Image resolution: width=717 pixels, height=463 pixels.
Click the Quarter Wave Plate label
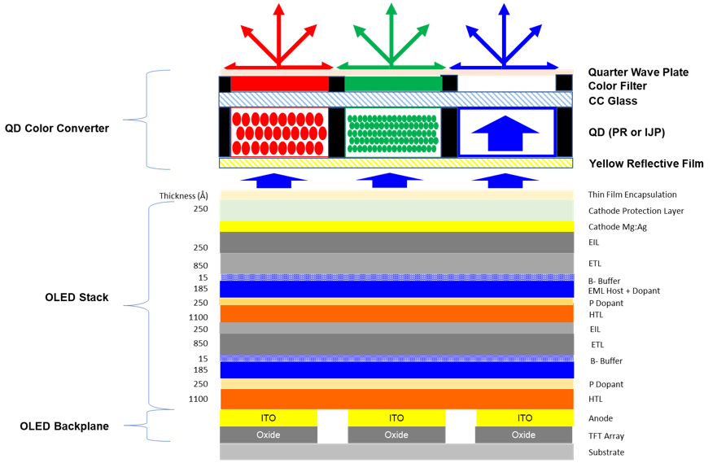pyautogui.click(x=638, y=72)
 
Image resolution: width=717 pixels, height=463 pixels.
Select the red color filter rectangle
pyautogui.click(x=280, y=84)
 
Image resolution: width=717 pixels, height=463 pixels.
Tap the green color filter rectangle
pyautogui.click(x=393, y=84)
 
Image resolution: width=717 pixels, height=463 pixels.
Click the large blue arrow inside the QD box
pyautogui.click(x=505, y=133)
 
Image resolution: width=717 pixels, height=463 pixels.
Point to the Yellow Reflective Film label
pyautogui.click(x=646, y=164)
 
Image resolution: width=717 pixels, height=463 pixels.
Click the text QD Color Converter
pyautogui.click(x=57, y=129)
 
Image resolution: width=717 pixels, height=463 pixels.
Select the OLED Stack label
pyautogui.click(x=77, y=298)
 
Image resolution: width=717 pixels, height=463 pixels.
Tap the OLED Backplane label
pyautogui.click(x=64, y=426)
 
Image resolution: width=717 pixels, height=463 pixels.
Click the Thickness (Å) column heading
pyautogui.click(x=183, y=195)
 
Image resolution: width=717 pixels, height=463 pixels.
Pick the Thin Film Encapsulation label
pyautogui.click(x=632, y=194)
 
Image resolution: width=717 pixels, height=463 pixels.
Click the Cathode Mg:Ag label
pyautogui.click(x=618, y=227)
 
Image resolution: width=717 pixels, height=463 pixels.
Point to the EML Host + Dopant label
pyautogui.click(x=623, y=290)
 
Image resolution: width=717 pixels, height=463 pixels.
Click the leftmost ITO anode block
pyautogui.click(x=269, y=417)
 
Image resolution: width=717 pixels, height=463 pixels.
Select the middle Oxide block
pyautogui.click(x=396, y=435)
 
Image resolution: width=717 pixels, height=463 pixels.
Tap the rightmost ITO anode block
pyautogui.click(x=524, y=417)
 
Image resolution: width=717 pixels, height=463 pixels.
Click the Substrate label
pyautogui.click(x=606, y=452)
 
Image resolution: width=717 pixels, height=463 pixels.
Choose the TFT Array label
pyautogui.click(x=606, y=436)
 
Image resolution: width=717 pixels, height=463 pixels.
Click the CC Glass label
pyautogui.click(x=613, y=101)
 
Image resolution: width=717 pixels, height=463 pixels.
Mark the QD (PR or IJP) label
pyautogui.click(x=627, y=133)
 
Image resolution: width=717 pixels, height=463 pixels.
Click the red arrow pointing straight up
pyautogui.click(x=278, y=35)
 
